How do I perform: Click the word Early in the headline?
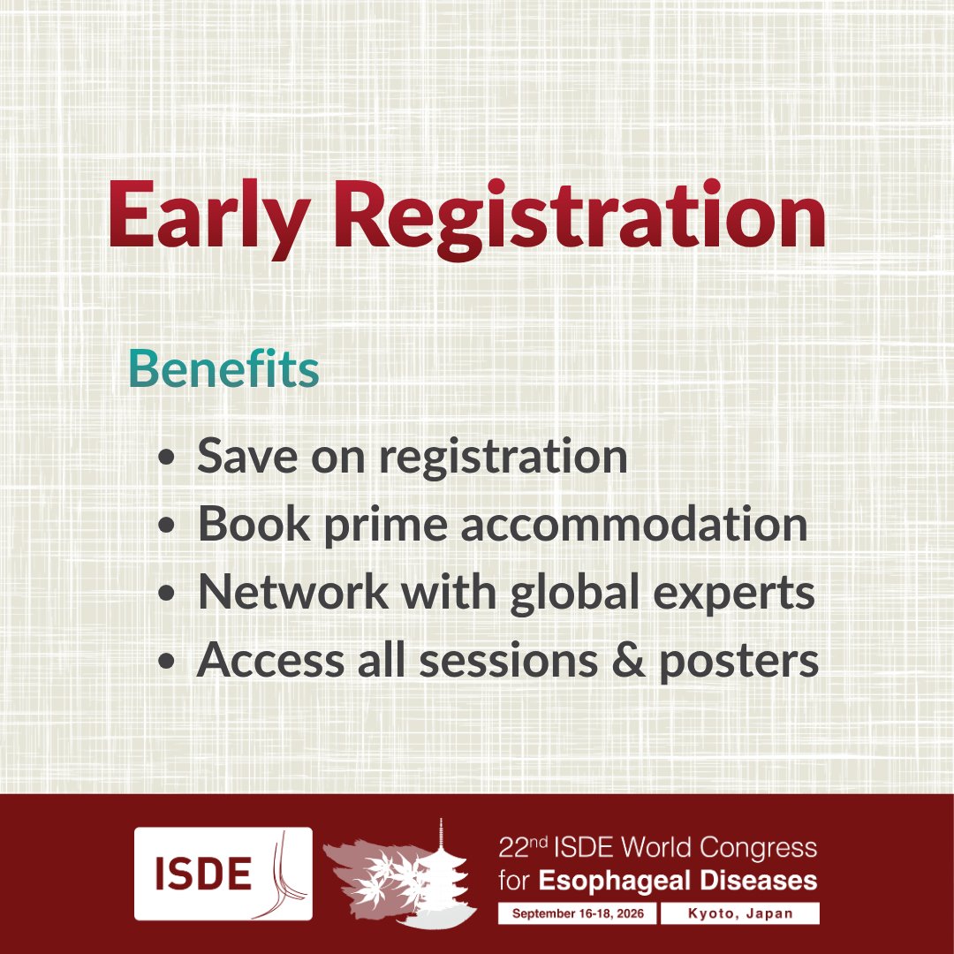click(213, 216)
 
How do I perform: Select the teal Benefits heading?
click(223, 370)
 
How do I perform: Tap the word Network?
click(291, 592)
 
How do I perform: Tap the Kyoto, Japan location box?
click(753, 913)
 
